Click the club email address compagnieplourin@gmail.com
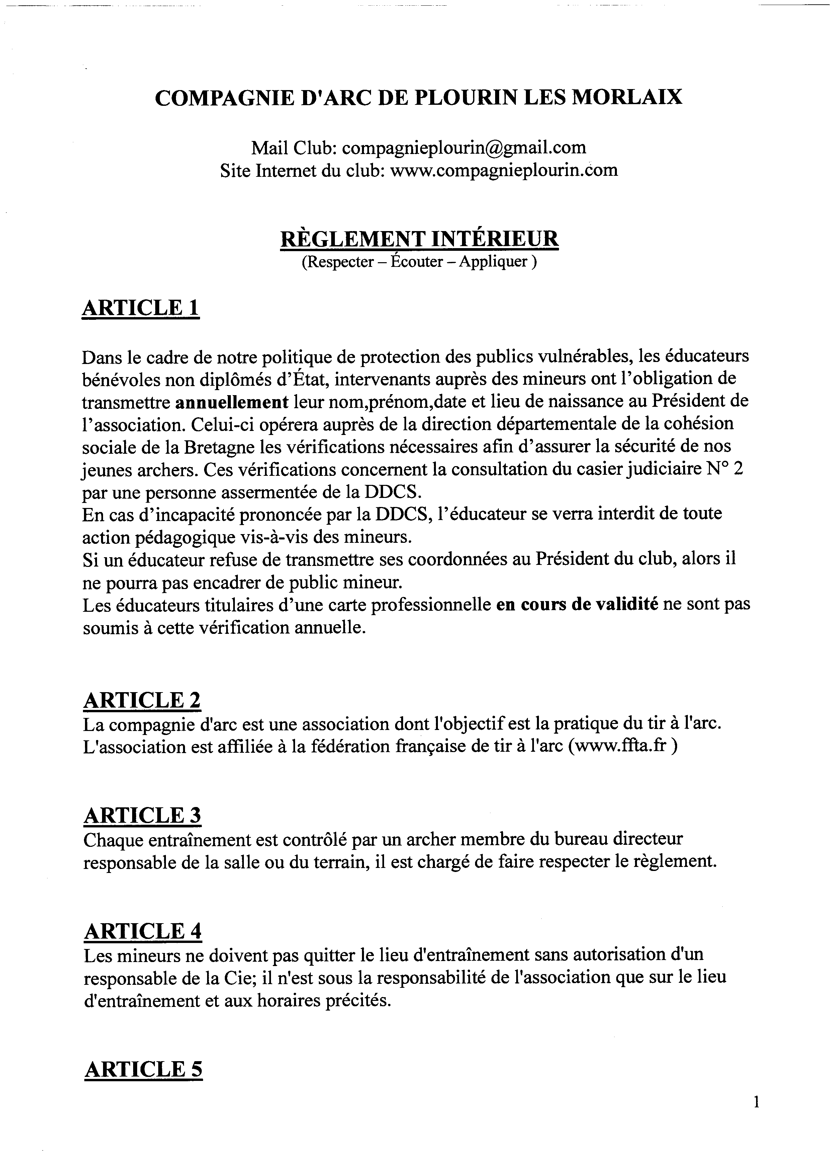click(464, 148)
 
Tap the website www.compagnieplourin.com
click(504, 170)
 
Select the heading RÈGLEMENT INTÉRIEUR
click(419, 239)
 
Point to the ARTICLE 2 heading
click(142, 700)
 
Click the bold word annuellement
click(232, 401)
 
